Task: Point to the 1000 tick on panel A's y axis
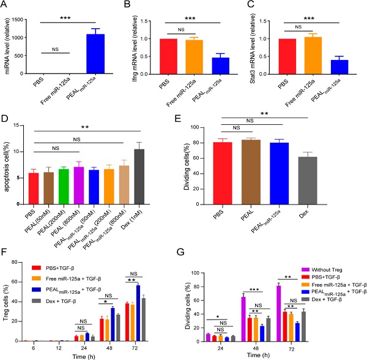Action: pyautogui.click(x=23, y=38)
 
